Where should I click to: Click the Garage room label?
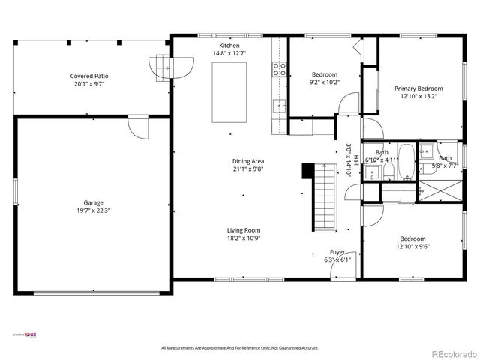tap(93, 202)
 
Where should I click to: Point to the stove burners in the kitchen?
tap(279, 70)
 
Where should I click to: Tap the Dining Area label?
tap(247, 161)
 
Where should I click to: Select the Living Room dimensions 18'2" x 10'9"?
tap(244, 238)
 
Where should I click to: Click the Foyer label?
tap(337, 252)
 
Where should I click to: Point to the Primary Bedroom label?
tap(419, 88)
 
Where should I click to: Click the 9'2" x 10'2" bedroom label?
tap(325, 82)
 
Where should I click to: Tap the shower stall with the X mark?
tap(439, 191)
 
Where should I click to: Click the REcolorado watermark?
tap(451, 352)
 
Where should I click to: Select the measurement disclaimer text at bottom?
tap(240, 348)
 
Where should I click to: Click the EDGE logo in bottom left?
tap(30, 334)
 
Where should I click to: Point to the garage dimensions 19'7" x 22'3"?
tap(93, 211)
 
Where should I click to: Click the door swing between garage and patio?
tap(138, 127)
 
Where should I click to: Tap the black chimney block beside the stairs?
tap(307, 171)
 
